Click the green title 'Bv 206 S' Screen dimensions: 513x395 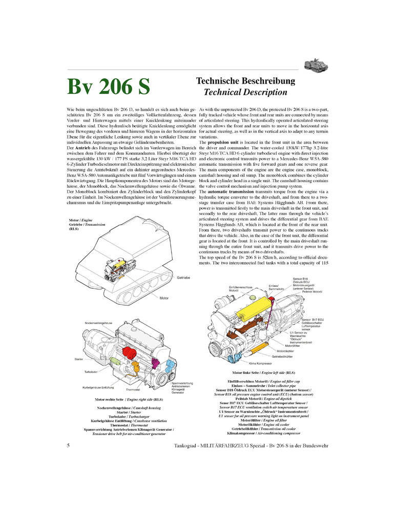coord(108,86)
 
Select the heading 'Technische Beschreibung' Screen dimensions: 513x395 coord(245,82)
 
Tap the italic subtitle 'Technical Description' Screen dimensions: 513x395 coord(245,93)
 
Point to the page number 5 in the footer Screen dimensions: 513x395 coord(68,446)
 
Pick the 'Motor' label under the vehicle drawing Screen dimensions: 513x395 coord(163,298)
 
